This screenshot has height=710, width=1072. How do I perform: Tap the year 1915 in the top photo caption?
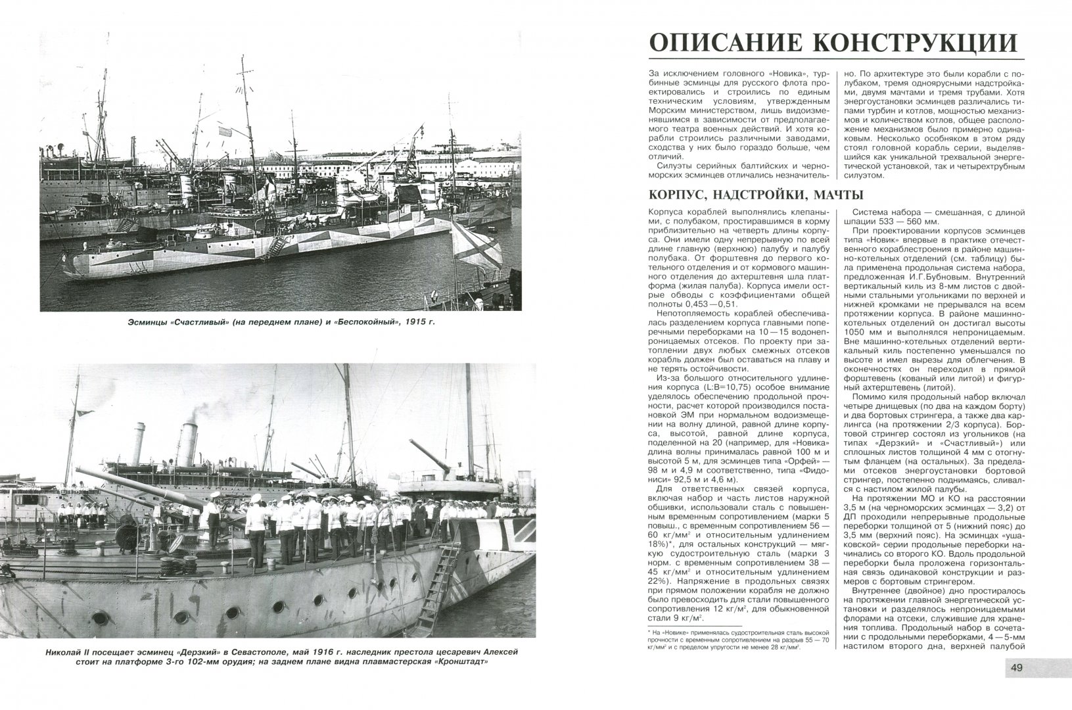[x=411, y=322]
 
